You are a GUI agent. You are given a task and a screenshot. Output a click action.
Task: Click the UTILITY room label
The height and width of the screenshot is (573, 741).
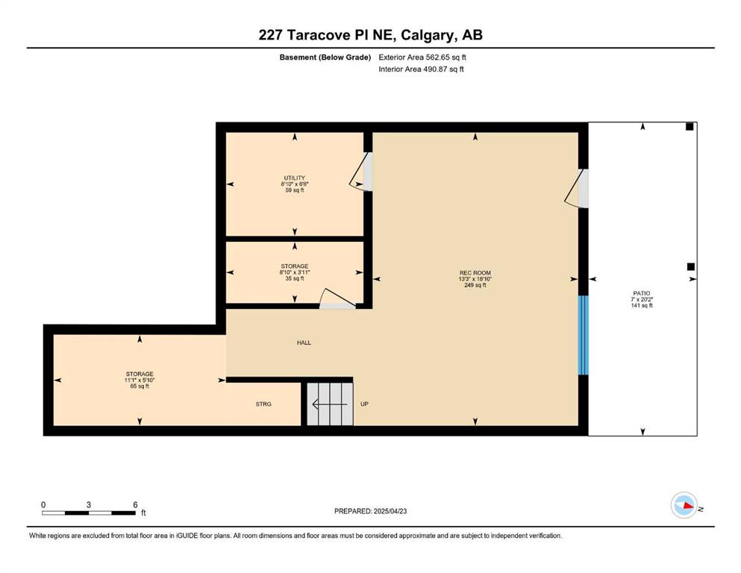point(295,178)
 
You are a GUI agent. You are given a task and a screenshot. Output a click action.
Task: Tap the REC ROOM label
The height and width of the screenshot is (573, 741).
point(475,272)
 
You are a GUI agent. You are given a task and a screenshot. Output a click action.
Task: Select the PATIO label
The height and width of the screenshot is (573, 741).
point(642,293)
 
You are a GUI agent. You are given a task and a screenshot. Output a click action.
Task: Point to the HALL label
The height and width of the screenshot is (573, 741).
point(304,342)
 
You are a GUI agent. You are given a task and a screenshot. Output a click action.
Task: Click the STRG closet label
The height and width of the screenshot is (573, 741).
point(263,404)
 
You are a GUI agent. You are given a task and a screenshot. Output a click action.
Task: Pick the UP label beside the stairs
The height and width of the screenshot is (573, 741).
point(364,404)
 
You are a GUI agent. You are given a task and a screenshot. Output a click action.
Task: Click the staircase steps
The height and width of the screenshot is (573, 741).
point(330,404)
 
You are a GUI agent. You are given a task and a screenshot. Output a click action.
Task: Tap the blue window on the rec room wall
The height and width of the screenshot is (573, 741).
point(584,335)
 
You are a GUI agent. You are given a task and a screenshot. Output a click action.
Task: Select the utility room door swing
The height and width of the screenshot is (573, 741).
point(361,172)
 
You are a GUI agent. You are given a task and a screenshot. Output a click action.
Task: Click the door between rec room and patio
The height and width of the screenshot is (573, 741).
point(577,188)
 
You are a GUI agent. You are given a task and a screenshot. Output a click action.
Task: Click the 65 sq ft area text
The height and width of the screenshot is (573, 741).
point(140,386)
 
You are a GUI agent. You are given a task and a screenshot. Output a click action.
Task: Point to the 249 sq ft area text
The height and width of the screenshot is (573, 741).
point(475,285)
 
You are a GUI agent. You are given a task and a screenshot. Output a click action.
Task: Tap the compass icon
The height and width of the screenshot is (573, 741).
point(684,505)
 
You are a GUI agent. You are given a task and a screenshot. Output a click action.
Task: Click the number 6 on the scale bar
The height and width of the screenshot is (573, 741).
point(135,504)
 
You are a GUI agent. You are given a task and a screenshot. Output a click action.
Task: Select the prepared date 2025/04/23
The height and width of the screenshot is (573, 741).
point(390,511)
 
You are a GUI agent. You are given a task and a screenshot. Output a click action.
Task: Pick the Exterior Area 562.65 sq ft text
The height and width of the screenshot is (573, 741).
point(422,57)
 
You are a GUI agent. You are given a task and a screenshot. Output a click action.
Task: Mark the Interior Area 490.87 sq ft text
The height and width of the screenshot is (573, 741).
point(421,69)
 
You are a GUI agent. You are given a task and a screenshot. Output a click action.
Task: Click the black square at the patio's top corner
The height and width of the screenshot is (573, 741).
point(690,127)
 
